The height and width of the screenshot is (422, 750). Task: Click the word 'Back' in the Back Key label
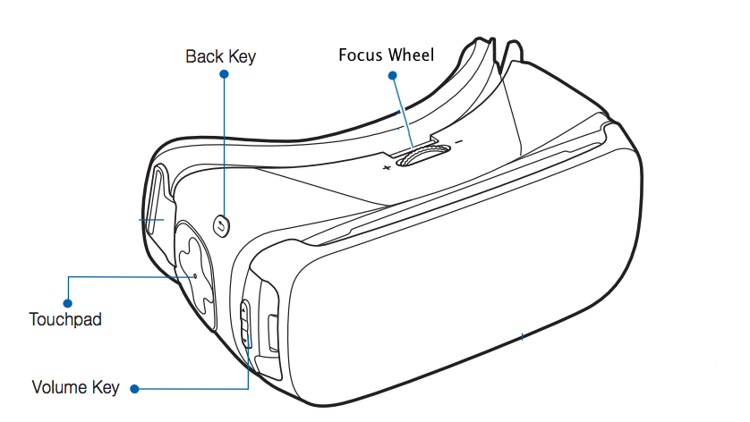tap(204, 56)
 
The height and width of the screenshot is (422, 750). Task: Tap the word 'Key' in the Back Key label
tap(241, 56)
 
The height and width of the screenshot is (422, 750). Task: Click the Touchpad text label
tap(65, 318)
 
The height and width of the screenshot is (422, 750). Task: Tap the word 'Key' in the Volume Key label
tap(106, 388)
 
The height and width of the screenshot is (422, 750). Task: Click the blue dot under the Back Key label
tap(223, 75)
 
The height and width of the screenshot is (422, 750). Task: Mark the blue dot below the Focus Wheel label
tap(392, 75)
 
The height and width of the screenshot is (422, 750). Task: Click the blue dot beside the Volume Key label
tap(134, 389)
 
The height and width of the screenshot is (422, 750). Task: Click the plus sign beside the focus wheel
tap(386, 167)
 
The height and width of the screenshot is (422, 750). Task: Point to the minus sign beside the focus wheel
tap(459, 143)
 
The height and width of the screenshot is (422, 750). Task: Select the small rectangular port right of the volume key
tap(273, 332)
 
